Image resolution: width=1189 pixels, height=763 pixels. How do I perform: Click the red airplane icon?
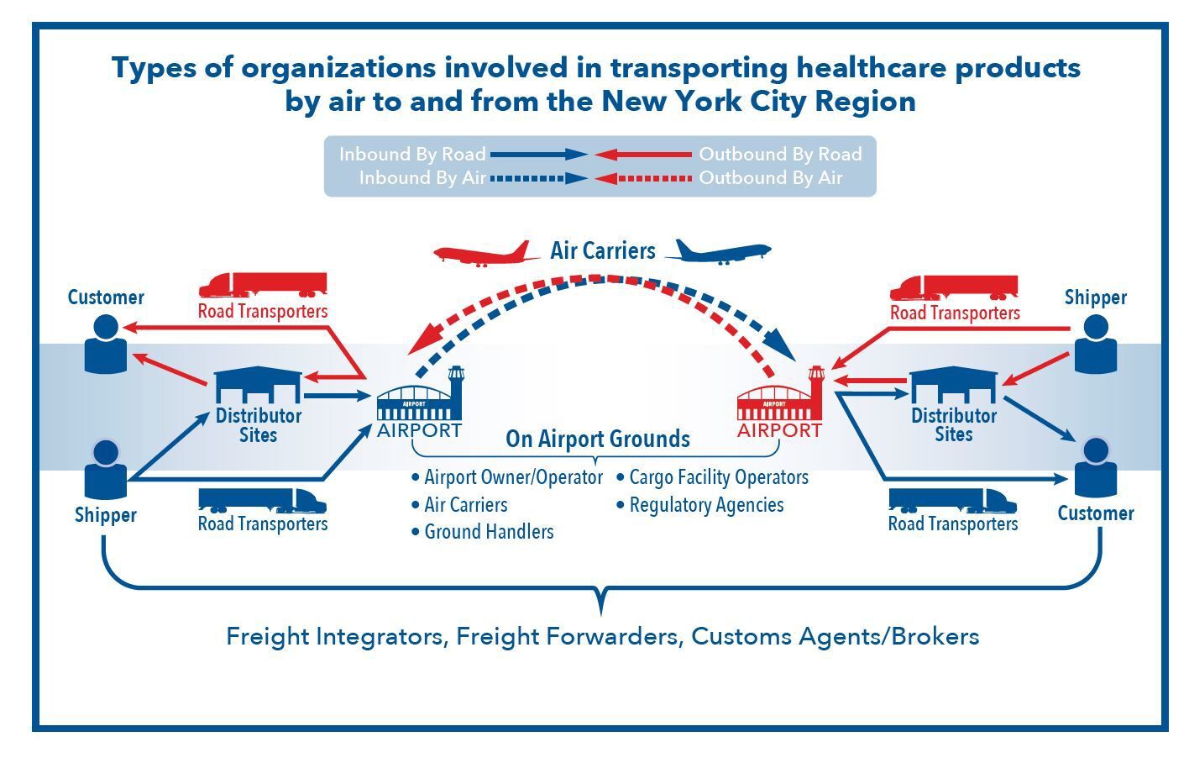click(485, 254)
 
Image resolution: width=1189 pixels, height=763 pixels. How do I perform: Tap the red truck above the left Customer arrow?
click(263, 286)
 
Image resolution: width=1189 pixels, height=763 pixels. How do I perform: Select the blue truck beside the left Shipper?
click(263, 501)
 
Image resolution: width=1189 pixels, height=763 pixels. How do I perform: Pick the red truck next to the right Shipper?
click(954, 288)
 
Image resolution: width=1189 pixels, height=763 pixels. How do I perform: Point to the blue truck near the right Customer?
click(953, 501)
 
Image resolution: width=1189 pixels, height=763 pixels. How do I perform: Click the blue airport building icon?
click(420, 394)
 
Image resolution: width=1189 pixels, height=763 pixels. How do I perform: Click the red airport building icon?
click(781, 394)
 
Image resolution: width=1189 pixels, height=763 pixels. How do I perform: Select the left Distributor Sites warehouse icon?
click(258, 385)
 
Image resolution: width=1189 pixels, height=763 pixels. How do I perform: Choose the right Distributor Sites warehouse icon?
click(954, 385)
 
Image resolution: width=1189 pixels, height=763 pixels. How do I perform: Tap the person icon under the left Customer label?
click(106, 344)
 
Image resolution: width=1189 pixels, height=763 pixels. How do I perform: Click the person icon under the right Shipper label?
click(1096, 344)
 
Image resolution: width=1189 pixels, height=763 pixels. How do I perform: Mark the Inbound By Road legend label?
click(412, 154)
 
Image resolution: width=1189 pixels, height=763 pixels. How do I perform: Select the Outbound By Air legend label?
click(771, 177)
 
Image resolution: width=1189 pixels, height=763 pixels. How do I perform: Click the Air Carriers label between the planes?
click(602, 250)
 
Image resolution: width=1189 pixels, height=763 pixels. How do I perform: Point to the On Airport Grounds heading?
click(598, 439)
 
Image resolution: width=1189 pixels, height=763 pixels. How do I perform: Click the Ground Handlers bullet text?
click(489, 531)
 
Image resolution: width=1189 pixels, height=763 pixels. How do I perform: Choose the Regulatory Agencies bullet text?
click(706, 505)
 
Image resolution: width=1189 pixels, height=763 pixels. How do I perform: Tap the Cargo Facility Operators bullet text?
click(719, 477)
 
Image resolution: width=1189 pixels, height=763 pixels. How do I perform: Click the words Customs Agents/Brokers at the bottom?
click(835, 637)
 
